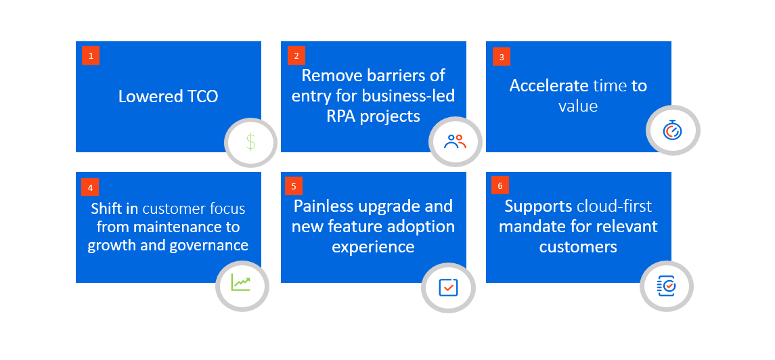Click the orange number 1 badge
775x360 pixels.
pyautogui.click(x=91, y=55)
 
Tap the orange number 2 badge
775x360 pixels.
pyautogui.click(x=296, y=55)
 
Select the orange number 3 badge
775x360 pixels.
pyautogui.click(x=501, y=57)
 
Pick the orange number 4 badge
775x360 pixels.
pyautogui.click(x=90, y=187)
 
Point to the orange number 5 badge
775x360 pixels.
pyautogui.click(x=294, y=186)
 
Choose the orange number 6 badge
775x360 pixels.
pyautogui.click(x=500, y=185)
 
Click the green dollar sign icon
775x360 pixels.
pyautogui.click(x=251, y=142)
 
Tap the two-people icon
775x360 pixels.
pyautogui.click(x=456, y=141)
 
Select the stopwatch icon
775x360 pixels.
pyautogui.click(x=673, y=130)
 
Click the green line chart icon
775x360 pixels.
pyautogui.click(x=241, y=282)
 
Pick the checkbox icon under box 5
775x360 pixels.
pyautogui.click(x=448, y=288)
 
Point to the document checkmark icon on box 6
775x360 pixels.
pyautogui.click(x=666, y=286)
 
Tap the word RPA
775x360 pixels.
pyautogui.click(x=344, y=116)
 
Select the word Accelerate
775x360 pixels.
pyautogui.click(x=549, y=86)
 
